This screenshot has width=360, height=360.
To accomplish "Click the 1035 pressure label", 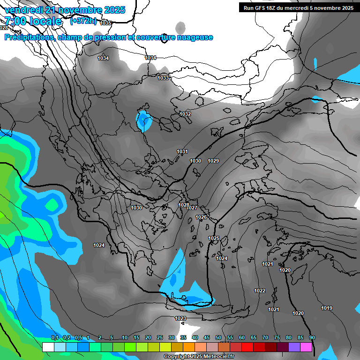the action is (106, 23).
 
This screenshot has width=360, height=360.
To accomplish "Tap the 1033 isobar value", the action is (163, 78).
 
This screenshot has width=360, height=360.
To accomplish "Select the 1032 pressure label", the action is (185, 114).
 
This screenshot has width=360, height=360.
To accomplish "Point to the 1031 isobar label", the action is (182, 151).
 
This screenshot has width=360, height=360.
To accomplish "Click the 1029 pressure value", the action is (213, 161).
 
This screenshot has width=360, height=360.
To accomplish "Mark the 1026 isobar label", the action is (201, 217).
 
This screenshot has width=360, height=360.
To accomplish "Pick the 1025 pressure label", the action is (214, 238).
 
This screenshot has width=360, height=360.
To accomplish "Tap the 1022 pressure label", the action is (260, 291).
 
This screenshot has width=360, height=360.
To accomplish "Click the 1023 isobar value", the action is (180, 318).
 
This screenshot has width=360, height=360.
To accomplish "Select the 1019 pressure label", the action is (327, 308).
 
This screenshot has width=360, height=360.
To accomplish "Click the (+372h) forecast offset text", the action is (83, 21).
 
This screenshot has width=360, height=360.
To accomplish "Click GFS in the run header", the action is (261, 7).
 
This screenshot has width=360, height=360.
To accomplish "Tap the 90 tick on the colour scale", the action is (312, 337).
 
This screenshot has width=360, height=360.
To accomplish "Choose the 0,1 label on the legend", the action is (54, 337).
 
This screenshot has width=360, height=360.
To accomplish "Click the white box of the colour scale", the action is (48, 347).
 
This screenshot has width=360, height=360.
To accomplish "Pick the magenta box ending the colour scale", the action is (306, 347).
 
